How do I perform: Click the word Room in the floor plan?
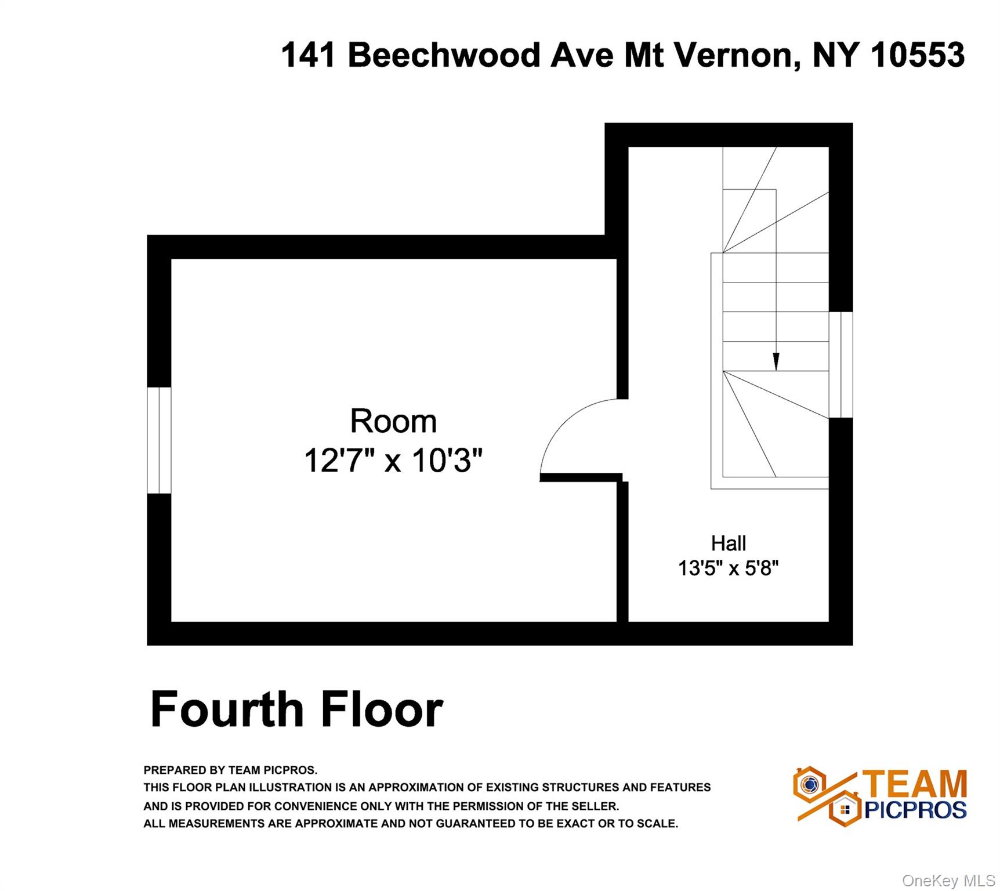tap(393, 421)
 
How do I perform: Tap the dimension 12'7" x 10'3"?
tap(393, 461)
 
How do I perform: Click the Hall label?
tap(729, 544)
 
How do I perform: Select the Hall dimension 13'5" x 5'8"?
tap(729, 568)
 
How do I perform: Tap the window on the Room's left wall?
tap(159, 440)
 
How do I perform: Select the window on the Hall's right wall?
tap(840, 365)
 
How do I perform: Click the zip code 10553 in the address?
tap(918, 55)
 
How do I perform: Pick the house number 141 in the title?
tap(309, 55)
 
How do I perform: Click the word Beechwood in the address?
tap(444, 55)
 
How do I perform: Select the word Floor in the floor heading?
tap(382, 709)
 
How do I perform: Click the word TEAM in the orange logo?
tap(915, 784)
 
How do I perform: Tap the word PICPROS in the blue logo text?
tap(915, 810)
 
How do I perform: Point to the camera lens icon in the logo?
tap(810, 784)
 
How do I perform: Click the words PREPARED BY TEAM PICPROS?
tap(230, 770)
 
